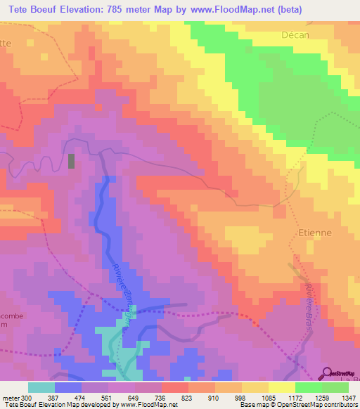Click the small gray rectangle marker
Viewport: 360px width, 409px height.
pyautogui.click(x=71, y=161)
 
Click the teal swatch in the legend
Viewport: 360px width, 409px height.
pyautogui.click(x=41, y=387)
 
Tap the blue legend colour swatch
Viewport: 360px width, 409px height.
pyautogui.click(x=68, y=387)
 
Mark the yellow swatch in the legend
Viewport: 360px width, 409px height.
pyautogui.click(x=282, y=387)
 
